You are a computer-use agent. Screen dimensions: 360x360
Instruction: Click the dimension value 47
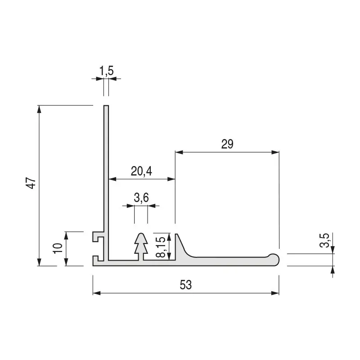[x=31, y=183]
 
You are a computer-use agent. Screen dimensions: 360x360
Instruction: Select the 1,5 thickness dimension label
[x=107, y=71]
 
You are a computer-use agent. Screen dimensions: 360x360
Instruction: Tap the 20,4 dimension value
[x=141, y=171]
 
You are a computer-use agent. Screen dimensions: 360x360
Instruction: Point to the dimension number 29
[x=227, y=144]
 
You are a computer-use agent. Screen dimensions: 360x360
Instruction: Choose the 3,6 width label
[x=141, y=198]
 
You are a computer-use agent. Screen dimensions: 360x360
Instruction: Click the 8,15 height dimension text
[x=161, y=247]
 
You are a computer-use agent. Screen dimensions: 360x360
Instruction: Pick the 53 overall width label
[x=185, y=285]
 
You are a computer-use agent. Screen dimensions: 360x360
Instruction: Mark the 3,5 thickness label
[x=324, y=240]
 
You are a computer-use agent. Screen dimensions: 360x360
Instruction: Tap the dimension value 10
[x=58, y=248]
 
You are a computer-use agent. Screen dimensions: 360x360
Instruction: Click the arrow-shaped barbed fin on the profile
[x=141, y=246]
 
